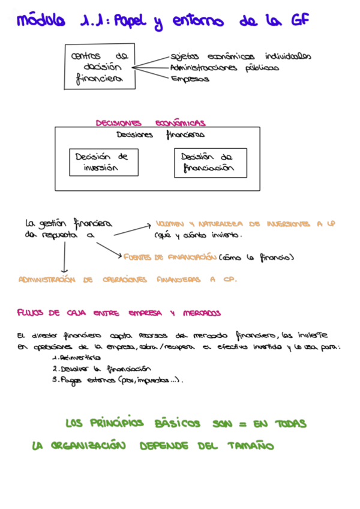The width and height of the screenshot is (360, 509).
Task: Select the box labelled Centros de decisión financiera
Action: [x=100, y=67]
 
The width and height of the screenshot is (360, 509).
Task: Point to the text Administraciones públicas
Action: [x=224, y=68]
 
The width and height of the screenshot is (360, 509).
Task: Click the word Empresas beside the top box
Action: [x=190, y=78]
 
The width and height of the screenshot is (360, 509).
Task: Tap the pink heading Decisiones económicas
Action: [x=151, y=122]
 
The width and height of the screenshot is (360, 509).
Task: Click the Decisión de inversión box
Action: [x=102, y=162]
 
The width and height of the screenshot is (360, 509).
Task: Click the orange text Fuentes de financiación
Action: [x=170, y=257]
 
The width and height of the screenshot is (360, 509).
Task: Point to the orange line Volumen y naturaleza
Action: [x=245, y=223]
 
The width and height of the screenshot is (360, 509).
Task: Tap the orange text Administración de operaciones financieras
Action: [x=127, y=280]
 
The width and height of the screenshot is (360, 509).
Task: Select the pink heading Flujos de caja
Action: [x=119, y=313]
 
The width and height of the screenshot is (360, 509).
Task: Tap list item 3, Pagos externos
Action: [x=117, y=380]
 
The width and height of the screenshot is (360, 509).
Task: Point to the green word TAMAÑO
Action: [x=251, y=446]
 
